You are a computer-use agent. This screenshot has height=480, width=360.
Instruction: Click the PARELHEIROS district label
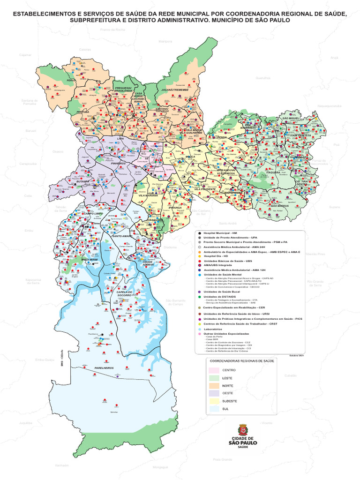tap(105, 368)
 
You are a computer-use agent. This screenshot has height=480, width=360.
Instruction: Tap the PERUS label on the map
tap(71, 80)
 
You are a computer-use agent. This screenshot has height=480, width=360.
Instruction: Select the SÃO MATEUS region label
tap(280, 206)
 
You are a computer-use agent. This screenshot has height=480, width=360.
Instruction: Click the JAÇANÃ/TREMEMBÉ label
tap(175, 89)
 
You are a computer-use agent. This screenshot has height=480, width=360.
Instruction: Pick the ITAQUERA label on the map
tap(273, 172)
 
